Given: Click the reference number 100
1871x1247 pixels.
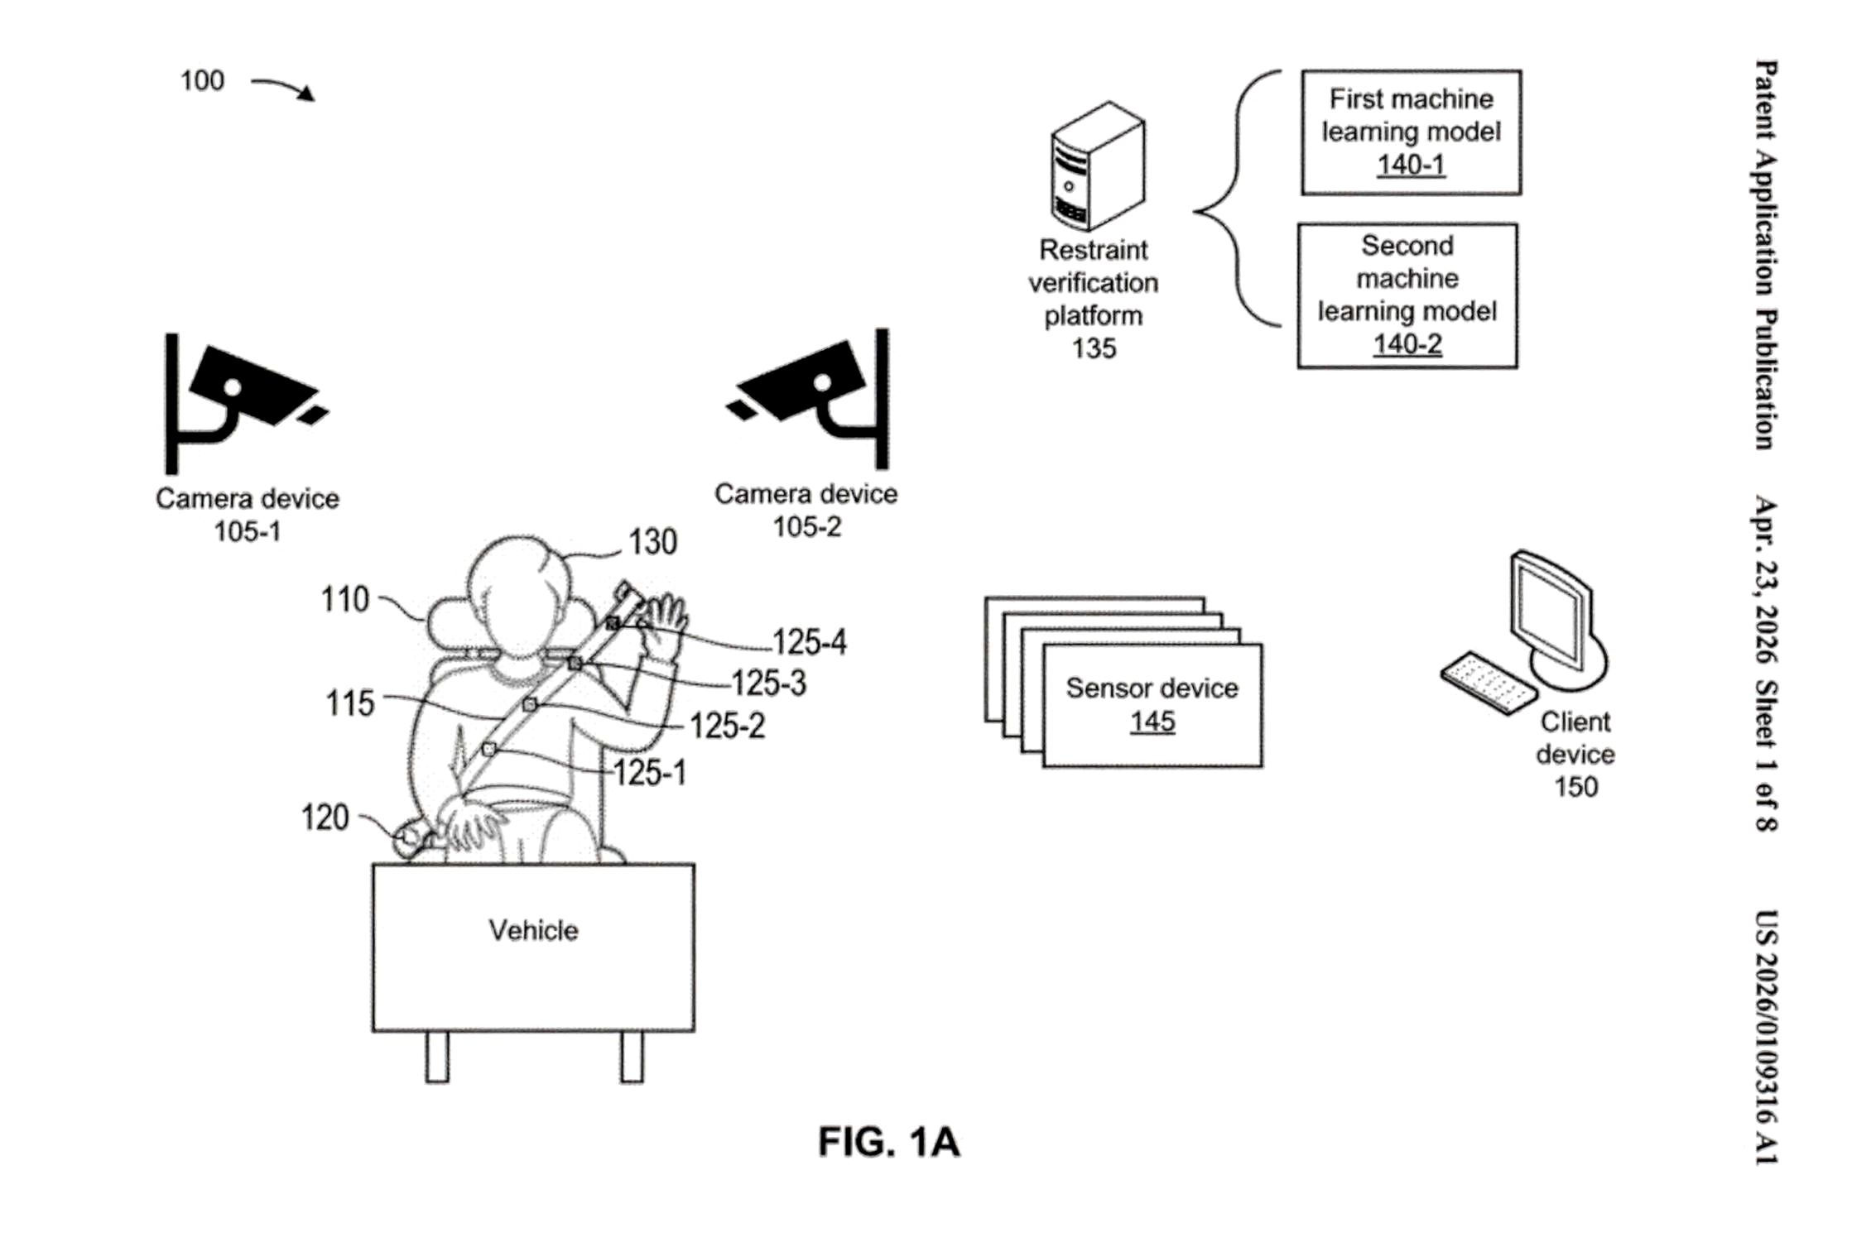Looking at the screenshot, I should point(202,81).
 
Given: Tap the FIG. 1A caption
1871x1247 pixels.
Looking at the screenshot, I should point(888,1142).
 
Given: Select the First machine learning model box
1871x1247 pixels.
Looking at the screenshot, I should point(1411,132).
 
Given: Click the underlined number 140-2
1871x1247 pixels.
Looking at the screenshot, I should point(1407,344).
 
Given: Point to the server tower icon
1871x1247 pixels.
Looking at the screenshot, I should point(1097,165).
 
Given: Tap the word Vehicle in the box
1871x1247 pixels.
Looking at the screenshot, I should point(533,931).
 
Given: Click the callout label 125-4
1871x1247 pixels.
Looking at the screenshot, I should point(809,642).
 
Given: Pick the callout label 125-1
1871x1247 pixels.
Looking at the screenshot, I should point(649,773).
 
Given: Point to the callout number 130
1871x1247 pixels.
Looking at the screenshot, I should point(652,542).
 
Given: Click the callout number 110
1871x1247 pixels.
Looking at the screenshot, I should point(344,599).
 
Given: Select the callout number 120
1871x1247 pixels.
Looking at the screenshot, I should point(325,818).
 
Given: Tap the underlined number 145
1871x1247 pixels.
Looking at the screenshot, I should point(1152,722).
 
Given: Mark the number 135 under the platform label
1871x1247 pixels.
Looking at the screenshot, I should point(1094,348).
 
